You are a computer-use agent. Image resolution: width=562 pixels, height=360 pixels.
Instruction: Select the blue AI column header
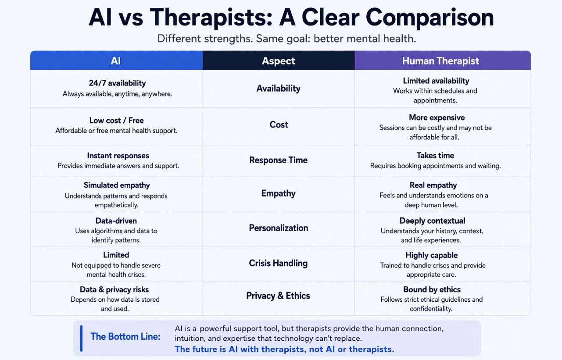point(116,61)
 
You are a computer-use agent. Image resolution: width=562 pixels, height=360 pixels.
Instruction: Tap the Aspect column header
point(279,61)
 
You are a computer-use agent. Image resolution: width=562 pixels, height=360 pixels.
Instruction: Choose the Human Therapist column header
point(440,61)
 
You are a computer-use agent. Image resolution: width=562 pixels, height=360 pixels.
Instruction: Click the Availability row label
point(279,89)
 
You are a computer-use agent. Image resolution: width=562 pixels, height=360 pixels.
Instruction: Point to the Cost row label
point(279,125)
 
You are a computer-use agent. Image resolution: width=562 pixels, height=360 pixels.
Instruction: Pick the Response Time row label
point(279,160)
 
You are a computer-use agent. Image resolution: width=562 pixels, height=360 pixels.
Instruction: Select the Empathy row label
point(279,193)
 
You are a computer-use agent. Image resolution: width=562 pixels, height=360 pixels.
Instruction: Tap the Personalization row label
point(279,228)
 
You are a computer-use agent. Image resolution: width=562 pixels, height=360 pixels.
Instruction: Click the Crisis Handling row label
point(279,264)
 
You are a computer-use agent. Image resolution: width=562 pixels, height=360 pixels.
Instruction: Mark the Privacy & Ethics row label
point(279,296)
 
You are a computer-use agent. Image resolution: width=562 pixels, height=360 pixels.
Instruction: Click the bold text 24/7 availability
point(117,83)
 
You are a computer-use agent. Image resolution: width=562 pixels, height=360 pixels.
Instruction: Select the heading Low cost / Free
point(116,121)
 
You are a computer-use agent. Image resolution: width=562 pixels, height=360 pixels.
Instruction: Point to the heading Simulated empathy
point(117,185)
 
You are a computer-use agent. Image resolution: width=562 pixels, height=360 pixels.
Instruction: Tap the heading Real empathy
point(433,185)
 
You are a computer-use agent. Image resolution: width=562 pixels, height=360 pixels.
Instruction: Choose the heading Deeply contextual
point(432,221)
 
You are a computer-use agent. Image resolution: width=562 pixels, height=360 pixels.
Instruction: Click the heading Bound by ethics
point(432,290)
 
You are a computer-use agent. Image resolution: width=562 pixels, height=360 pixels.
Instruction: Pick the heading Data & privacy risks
point(114,290)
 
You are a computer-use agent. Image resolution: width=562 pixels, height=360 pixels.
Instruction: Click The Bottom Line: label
point(125,337)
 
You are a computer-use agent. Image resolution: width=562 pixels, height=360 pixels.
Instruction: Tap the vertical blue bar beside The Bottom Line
point(81,338)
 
